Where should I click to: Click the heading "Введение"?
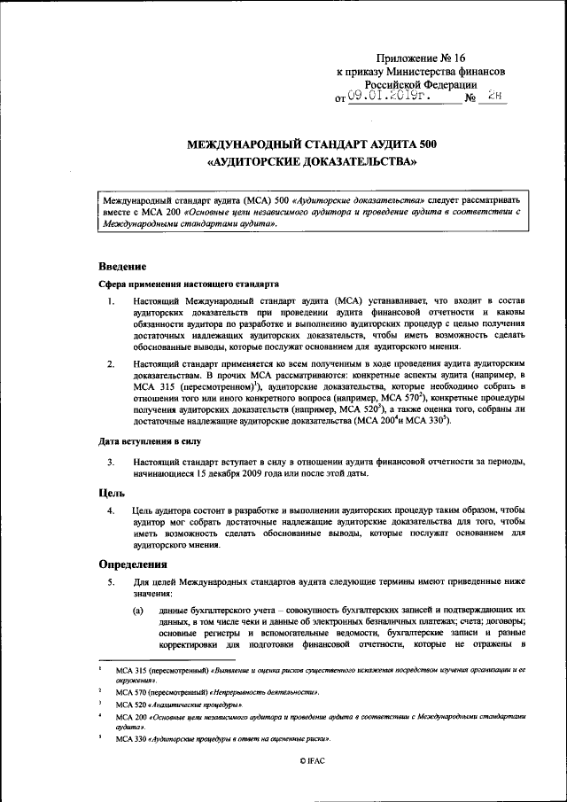click(x=121, y=266)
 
